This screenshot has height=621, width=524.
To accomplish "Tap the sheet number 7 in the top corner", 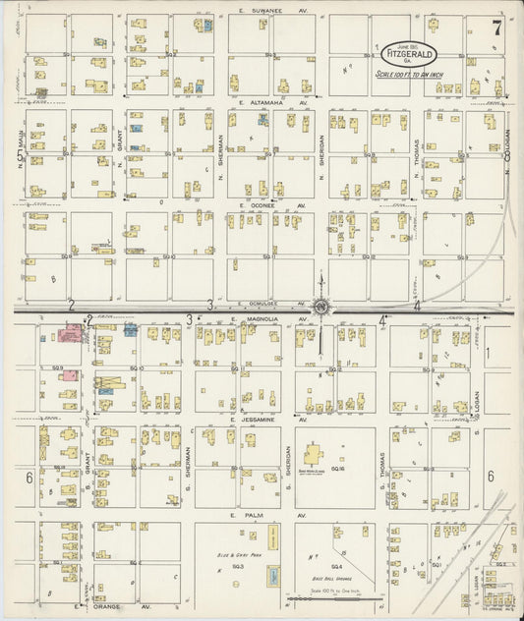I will click(496, 28).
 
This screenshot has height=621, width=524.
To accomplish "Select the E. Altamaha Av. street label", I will click(272, 101).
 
